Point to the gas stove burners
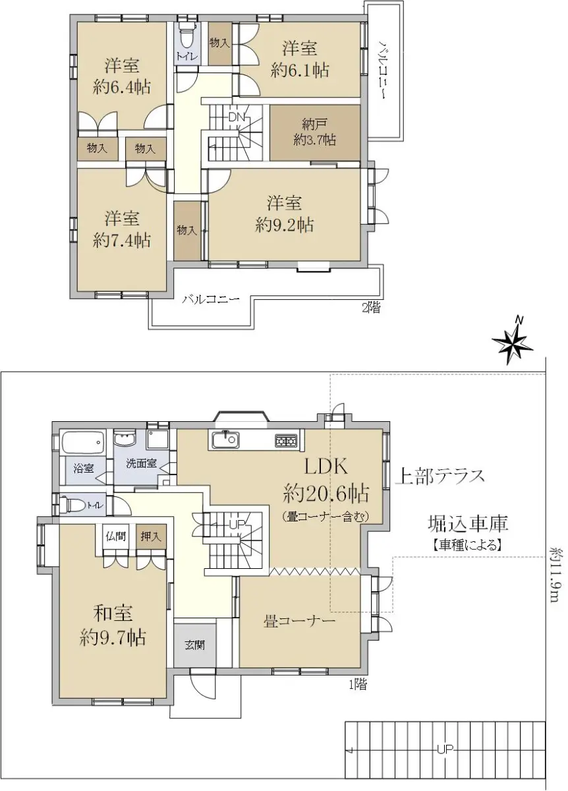[x=286, y=441]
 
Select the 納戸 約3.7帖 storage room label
[x=314, y=132]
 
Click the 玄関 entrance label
[x=194, y=645]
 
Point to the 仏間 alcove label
[x=116, y=537]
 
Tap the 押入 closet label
[x=151, y=537]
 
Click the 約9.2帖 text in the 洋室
[x=284, y=225]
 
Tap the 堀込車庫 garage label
[x=468, y=523]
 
